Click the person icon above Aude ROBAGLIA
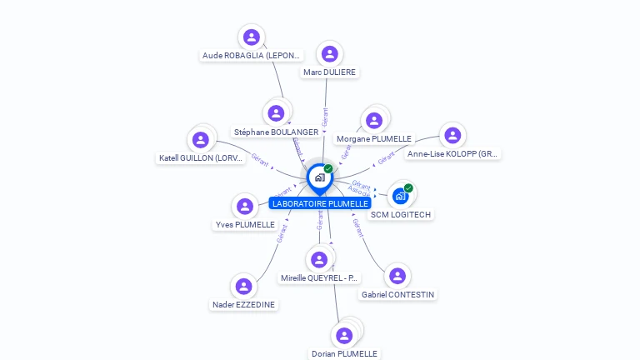tap(252, 37)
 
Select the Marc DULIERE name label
tap(329, 72)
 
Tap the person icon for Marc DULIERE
tap(330, 54)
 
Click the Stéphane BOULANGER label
tap(276, 132)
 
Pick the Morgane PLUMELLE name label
tap(373, 138)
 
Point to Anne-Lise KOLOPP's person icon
tap(452, 135)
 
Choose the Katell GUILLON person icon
tap(200, 140)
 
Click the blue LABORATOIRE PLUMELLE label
tap(320, 203)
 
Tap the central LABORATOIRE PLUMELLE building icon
tap(319, 177)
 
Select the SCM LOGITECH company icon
tap(400, 196)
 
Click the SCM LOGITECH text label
tap(401, 214)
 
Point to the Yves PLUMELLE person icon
tap(245, 206)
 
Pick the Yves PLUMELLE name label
tap(245, 225)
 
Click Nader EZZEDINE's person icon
tap(243, 287)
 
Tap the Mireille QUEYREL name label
tap(319, 277)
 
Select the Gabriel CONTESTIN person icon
tap(397, 276)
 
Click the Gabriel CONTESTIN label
tap(397, 294)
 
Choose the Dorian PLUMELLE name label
tap(344, 353)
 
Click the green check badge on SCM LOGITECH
tap(408, 187)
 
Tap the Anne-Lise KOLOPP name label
tap(452, 153)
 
